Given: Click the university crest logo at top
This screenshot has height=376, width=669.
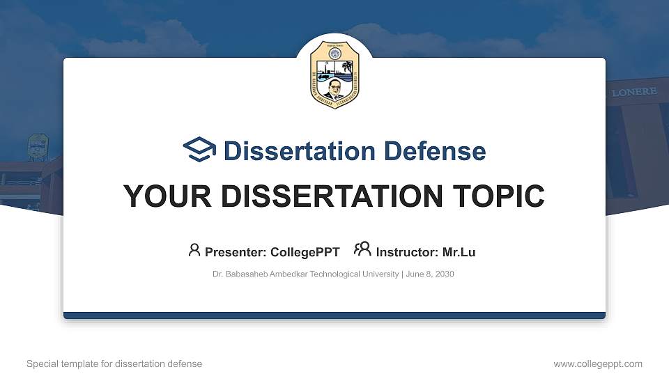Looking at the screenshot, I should coord(334,75).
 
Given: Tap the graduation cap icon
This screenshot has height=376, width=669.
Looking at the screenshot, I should coord(200,150).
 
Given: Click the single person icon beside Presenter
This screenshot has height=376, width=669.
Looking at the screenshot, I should coord(194,250).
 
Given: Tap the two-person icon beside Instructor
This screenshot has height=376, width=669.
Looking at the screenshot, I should coord(362,250).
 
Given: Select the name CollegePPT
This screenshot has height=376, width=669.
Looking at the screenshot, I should coord(305,252).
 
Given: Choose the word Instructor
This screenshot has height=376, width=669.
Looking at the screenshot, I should coord(407,252).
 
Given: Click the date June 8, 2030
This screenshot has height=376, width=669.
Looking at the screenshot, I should coord(430,274).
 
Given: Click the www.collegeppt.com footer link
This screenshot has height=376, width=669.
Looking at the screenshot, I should coord(598,363).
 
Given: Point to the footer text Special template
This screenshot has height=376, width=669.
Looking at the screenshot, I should coord(62,363).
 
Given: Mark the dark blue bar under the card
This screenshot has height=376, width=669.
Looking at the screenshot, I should coord(334,315).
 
